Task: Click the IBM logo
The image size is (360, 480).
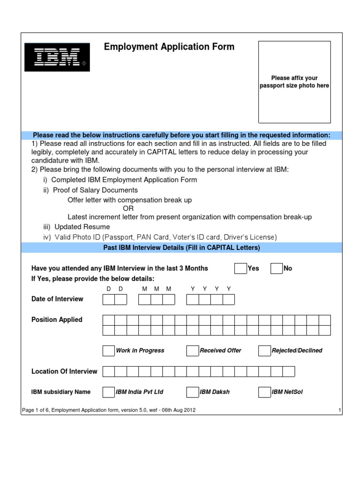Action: point(57,57)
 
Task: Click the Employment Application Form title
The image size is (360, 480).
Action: point(169,47)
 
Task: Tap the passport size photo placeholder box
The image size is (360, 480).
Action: point(294,82)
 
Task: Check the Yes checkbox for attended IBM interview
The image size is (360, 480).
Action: point(240,269)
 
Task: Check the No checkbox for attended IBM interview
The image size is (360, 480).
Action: point(277,269)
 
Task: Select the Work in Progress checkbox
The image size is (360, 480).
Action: point(108,351)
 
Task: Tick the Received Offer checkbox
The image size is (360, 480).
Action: point(192,351)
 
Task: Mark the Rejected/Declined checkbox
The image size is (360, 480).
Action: point(264,351)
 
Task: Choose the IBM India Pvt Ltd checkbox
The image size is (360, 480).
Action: point(108,392)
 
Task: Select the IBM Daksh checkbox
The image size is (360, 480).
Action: point(192,392)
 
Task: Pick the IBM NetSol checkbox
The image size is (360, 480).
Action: point(264,392)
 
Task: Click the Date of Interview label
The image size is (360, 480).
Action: point(57,299)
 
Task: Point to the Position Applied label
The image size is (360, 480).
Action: point(57,320)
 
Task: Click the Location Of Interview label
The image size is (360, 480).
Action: point(64,371)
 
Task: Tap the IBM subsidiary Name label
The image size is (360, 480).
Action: point(61,392)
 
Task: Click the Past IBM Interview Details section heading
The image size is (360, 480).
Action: point(181,247)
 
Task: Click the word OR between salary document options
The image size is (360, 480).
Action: point(128,209)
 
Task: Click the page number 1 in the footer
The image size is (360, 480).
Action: point(339,411)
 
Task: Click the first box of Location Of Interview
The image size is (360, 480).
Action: point(108,372)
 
